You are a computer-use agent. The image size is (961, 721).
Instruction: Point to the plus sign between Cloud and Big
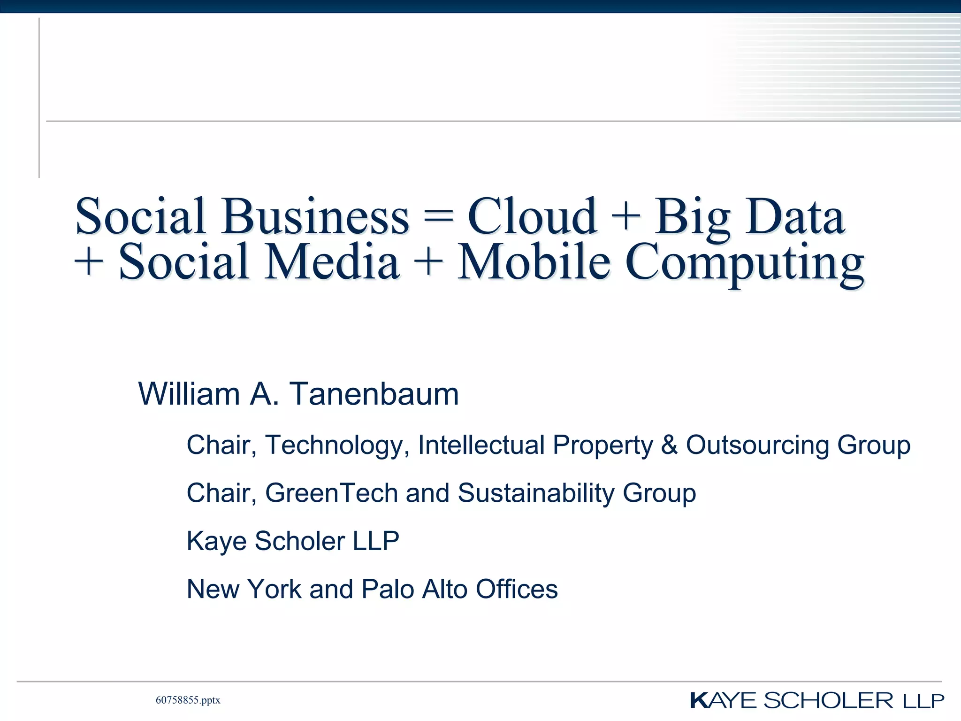point(626,217)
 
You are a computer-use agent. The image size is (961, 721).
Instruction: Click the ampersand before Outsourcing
point(670,445)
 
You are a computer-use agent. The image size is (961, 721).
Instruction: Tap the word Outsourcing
point(758,445)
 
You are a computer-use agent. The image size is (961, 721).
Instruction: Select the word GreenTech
point(332,493)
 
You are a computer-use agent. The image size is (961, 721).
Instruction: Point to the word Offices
point(517,589)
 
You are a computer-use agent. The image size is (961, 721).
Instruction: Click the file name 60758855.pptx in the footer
point(188,700)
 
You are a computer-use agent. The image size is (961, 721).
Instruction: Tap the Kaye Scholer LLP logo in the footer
point(816,700)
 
